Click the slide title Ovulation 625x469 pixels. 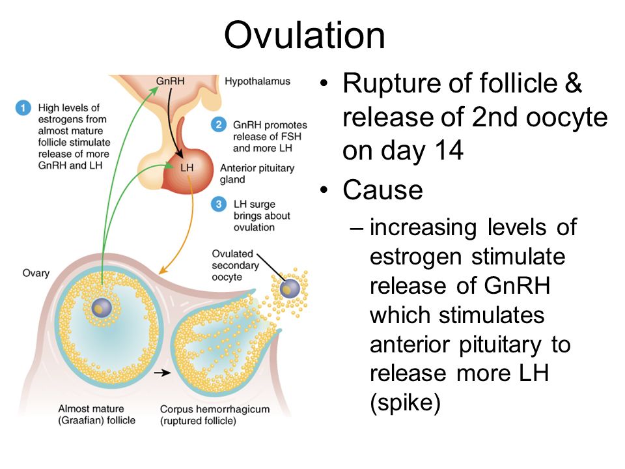pyautogui.click(x=305, y=35)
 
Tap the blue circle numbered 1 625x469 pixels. pyautogui.click(x=23, y=107)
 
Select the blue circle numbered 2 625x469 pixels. pyautogui.click(x=219, y=124)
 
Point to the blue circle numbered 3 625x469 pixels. pyautogui.click(x=219, y=204)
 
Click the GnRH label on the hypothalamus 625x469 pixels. pyautogui.click(x=170, y=81)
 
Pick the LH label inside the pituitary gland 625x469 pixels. pyautogui.click(x=187, y=167)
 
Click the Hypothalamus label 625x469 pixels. pyautogui.click(x=258, y=81)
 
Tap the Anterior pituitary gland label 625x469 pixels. pyautogui.click(x=257, y=173)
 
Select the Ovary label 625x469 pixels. pyautogui.click(x=36, y=273)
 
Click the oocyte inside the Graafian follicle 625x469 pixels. pyautogui.click(x=102, y=308)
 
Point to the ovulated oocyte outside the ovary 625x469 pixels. pyautogui.click(x=290, y=289)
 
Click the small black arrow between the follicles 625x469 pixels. pyautogui.click(x=162, y=373)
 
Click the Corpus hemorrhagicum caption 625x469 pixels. pyautogui.click(x=215, y=415)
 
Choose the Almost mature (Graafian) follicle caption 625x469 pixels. pyautogui.click(x=97, y=414)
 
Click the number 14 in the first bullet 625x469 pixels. pyautogui.click(x=449, y=150)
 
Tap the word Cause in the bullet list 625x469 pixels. pyautogui.click(x=383, y=190)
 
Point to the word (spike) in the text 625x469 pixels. pyautogui.click(x=405, y=403)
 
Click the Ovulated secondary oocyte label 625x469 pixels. pyautogui.click(x=235, y=265)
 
